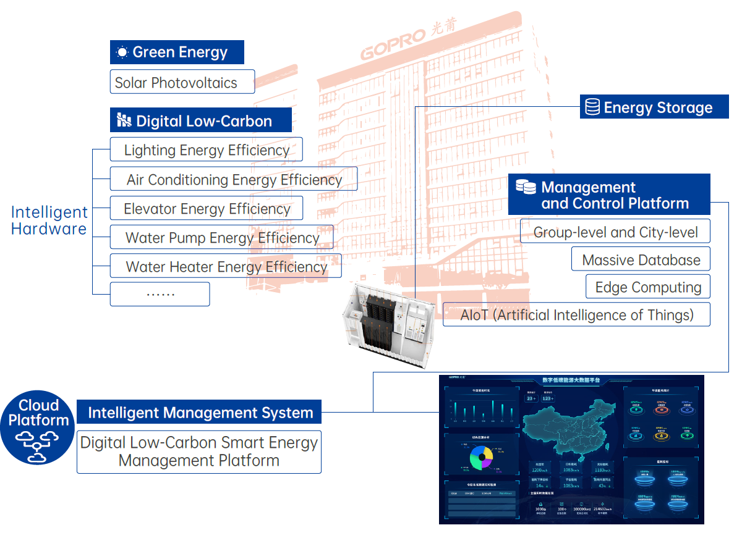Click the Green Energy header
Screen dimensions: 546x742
click(x=177, y=52)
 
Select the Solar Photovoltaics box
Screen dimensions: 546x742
click(x=182, y=82)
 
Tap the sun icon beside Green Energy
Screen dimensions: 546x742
click(x=122, y=52)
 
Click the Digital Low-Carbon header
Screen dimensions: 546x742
click(x=201, y=120)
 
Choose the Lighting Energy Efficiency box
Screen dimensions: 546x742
click(x=207, y=150)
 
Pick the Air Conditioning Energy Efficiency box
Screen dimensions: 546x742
click(x=234, y=179)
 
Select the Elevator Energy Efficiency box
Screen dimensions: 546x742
click(x=207, y=209)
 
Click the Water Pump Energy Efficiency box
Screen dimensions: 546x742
click(x=222, y=238)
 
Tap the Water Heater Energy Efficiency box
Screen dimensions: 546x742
click(x=226, y=267)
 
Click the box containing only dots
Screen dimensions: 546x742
click(x=160, y=294)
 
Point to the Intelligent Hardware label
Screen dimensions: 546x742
click(x=49, y=220)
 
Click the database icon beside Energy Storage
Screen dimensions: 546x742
click(x=592, y=108)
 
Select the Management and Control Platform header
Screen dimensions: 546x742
click(x=609, y=195)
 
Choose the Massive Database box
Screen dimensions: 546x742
click(x=641, y=259)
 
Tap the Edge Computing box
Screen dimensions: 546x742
click(x=648, y=287)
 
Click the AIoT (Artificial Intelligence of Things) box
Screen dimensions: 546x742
click(x=576, y=315)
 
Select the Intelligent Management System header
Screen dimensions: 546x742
click(x=200, y=413)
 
